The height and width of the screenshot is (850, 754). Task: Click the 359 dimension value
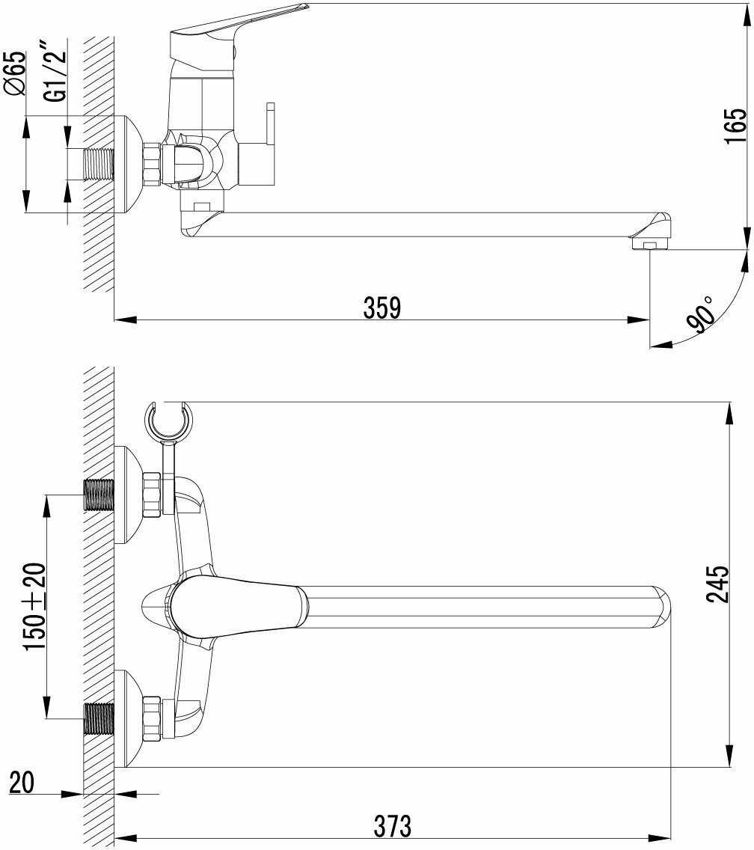[382, 308]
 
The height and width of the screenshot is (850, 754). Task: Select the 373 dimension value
[392, 825]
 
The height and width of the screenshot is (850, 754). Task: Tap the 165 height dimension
[735, 126]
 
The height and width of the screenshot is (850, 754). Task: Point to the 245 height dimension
[717, 584]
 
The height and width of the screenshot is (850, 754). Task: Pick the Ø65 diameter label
[15, 73]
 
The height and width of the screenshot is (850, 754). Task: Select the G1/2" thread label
[55, 74]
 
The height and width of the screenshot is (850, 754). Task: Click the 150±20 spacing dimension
[36, 607]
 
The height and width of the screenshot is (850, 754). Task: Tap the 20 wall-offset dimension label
[22, 782]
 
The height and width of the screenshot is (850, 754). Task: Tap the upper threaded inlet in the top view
[99, 495]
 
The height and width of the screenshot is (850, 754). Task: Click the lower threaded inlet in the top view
[99, 719]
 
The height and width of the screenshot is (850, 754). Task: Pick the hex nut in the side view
[153, 162]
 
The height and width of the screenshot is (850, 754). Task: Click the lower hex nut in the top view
[152, 719]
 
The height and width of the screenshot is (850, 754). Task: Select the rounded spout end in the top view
[660, 607]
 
